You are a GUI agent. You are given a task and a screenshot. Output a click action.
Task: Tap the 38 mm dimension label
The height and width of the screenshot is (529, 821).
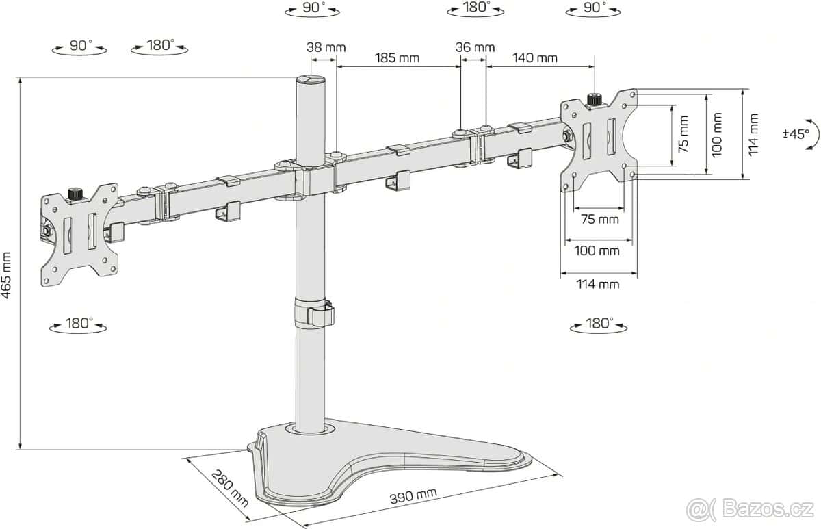point(326,47)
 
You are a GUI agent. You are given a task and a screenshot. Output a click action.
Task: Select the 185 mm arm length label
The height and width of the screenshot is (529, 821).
point(397,57)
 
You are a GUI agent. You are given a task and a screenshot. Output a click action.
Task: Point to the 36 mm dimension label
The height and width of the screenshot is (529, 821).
point(475,47)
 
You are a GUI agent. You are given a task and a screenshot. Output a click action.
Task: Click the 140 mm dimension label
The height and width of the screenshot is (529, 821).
point(535,57)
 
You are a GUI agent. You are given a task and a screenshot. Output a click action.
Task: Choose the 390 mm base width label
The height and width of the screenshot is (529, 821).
point(413,495)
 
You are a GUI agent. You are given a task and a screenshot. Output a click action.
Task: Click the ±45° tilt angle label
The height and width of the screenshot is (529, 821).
point(796,133)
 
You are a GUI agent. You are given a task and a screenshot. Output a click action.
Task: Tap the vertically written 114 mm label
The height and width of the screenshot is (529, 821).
point(754,134)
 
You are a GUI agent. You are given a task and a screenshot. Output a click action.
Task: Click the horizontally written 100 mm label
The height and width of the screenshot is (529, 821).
point(597,250)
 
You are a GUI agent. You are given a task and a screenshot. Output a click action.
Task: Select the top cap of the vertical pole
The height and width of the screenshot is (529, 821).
point(311,79)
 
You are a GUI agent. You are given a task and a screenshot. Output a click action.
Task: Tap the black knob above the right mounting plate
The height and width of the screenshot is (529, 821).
point(595,100)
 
